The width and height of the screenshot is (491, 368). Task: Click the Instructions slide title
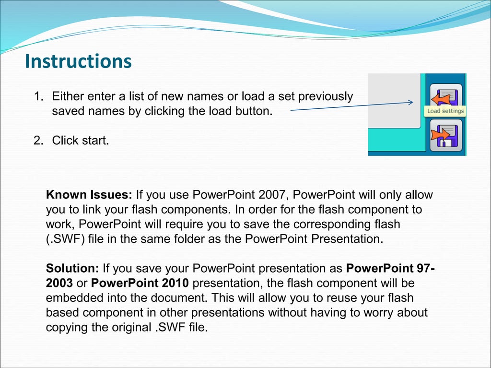point(78,61)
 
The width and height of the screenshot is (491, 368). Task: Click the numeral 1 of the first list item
point(36,96)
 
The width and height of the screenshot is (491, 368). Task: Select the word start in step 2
point(94,140)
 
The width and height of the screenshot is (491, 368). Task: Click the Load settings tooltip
point(445,111)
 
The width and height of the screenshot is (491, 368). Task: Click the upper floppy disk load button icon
point(445,96)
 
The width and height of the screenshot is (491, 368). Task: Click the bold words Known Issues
point(89,195)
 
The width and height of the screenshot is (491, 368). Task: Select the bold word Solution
point(72,268)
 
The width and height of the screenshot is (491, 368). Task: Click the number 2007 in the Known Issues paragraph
point(273,195)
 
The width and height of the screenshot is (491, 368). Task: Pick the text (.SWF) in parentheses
point(65,239)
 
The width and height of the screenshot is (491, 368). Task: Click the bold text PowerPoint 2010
point(140,283)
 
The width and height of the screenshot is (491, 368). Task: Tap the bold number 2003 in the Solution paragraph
point(59,283)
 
